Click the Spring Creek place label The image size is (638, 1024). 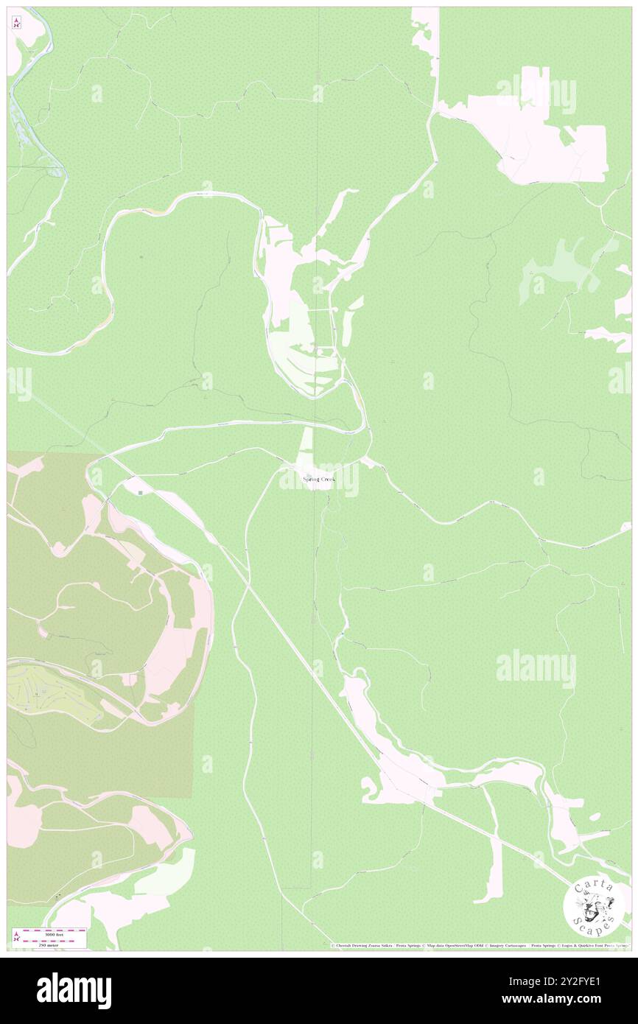coord(318,480)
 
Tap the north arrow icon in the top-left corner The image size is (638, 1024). coord(16,23)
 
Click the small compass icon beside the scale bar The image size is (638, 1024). coord(16,938)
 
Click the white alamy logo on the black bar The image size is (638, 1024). coord(74,990)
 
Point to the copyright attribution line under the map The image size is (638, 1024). coord(479,946)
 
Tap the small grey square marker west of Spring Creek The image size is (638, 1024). coord(139,491)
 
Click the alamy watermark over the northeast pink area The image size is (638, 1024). coord(536,94)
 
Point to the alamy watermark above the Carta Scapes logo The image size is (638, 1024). coord(536,669)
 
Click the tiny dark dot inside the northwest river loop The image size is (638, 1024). coord(141,256)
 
